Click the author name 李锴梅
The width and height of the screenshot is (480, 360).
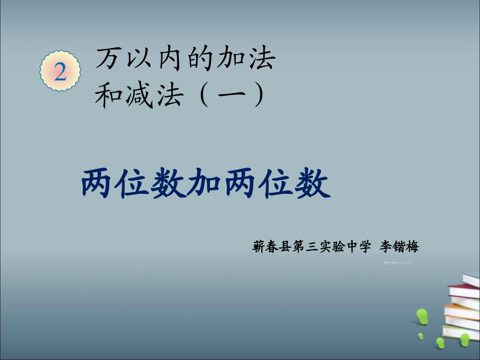pyautogui.click(x=399, y=247)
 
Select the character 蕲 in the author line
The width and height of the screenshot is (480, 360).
pyautogui.click(x=258, y=247)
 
